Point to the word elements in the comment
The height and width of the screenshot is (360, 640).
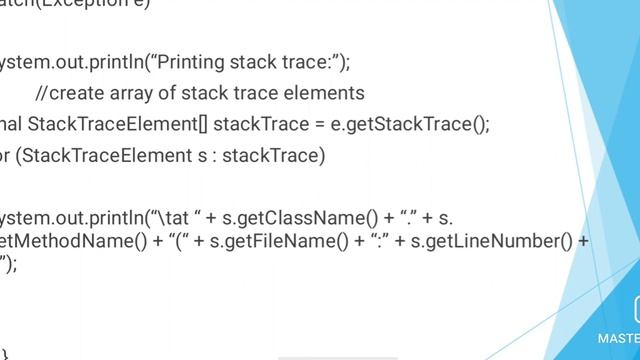[x=328, y=94]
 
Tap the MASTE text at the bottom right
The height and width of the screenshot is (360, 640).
[x=619, y=338]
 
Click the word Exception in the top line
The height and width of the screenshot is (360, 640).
[x=74, y=3]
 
